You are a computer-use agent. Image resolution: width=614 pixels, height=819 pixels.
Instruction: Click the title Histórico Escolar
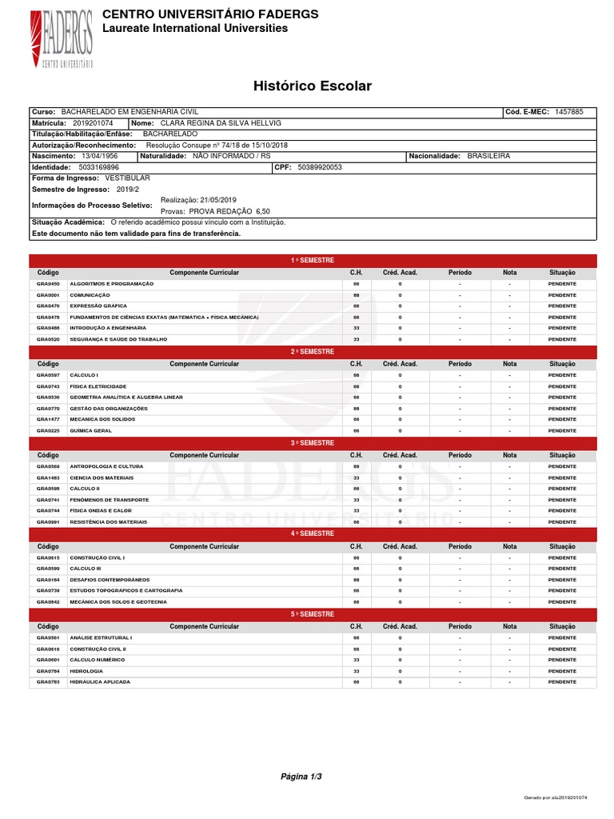pos(313,86)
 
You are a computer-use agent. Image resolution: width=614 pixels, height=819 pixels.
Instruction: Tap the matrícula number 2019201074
pos(93,123)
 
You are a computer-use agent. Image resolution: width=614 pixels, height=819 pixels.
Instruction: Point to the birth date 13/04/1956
pos(102,156)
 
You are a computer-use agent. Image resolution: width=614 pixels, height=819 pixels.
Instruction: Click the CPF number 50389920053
pos(319,167)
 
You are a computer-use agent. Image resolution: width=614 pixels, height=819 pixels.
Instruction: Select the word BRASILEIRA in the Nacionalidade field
pos(488,156)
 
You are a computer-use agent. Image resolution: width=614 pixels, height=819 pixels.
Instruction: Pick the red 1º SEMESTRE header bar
pos(313,261)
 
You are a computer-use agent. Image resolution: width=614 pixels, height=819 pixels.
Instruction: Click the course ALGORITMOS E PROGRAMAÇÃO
pos(112,284)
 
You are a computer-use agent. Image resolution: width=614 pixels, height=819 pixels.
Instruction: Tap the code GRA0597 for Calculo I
pos(48,375)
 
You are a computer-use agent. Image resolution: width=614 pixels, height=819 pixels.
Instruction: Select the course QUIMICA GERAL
pos(91,430)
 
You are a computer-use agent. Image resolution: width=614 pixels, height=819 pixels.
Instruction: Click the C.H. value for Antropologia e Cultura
pos(357,466)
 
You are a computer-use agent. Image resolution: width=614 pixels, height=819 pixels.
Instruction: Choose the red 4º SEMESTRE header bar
pos(313,533)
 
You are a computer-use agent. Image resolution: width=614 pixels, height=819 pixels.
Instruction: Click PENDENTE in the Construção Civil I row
pos(562,557)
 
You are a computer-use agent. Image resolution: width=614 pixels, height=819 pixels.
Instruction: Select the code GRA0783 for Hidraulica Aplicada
pos(48,682)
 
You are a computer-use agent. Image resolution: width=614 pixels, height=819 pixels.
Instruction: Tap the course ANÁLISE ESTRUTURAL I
pos(102,637)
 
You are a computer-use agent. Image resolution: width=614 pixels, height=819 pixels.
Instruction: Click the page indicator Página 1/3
pos(301,776)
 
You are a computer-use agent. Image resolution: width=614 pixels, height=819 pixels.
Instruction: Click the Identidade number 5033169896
pos(99,167)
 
